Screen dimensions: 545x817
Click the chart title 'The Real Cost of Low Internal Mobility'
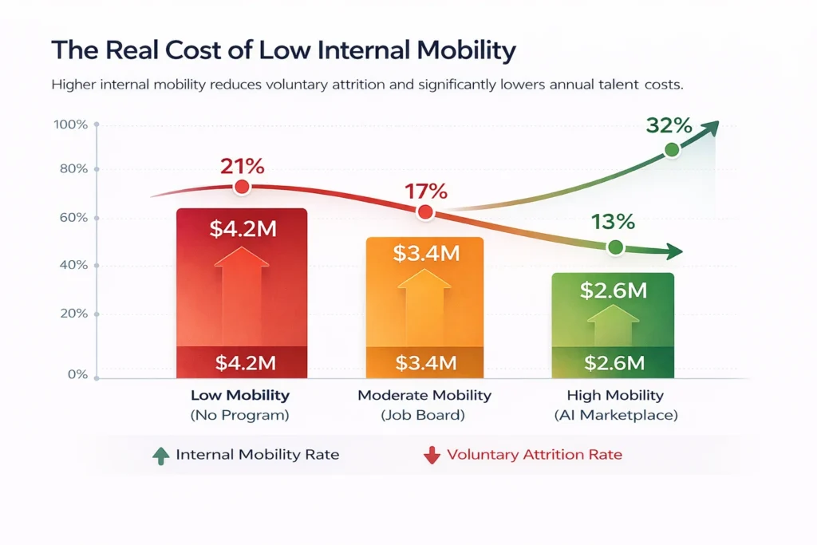pos(283,50)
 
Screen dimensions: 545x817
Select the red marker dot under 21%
pos(242,188)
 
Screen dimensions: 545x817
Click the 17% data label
pos(426,192)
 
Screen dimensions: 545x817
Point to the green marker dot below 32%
pos(672,149)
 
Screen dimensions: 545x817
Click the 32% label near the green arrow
pos(669,125)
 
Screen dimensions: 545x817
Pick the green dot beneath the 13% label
pos(615,247)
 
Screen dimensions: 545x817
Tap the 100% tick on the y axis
pos(70,124)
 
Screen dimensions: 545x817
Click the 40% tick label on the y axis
pos(73,266)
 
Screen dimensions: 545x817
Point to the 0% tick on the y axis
pos(76,374)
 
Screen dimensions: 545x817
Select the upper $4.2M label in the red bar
pos(243,229)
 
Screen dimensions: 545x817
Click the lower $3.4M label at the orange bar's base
pos(426,364)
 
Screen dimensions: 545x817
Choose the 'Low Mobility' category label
pos(240,396)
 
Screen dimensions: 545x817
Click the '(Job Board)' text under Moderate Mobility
pos(424,415)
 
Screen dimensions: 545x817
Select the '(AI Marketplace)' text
pos(614,415)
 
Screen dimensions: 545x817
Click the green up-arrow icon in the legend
pos(160,455)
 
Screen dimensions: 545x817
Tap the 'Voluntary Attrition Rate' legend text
pos(534,455)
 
